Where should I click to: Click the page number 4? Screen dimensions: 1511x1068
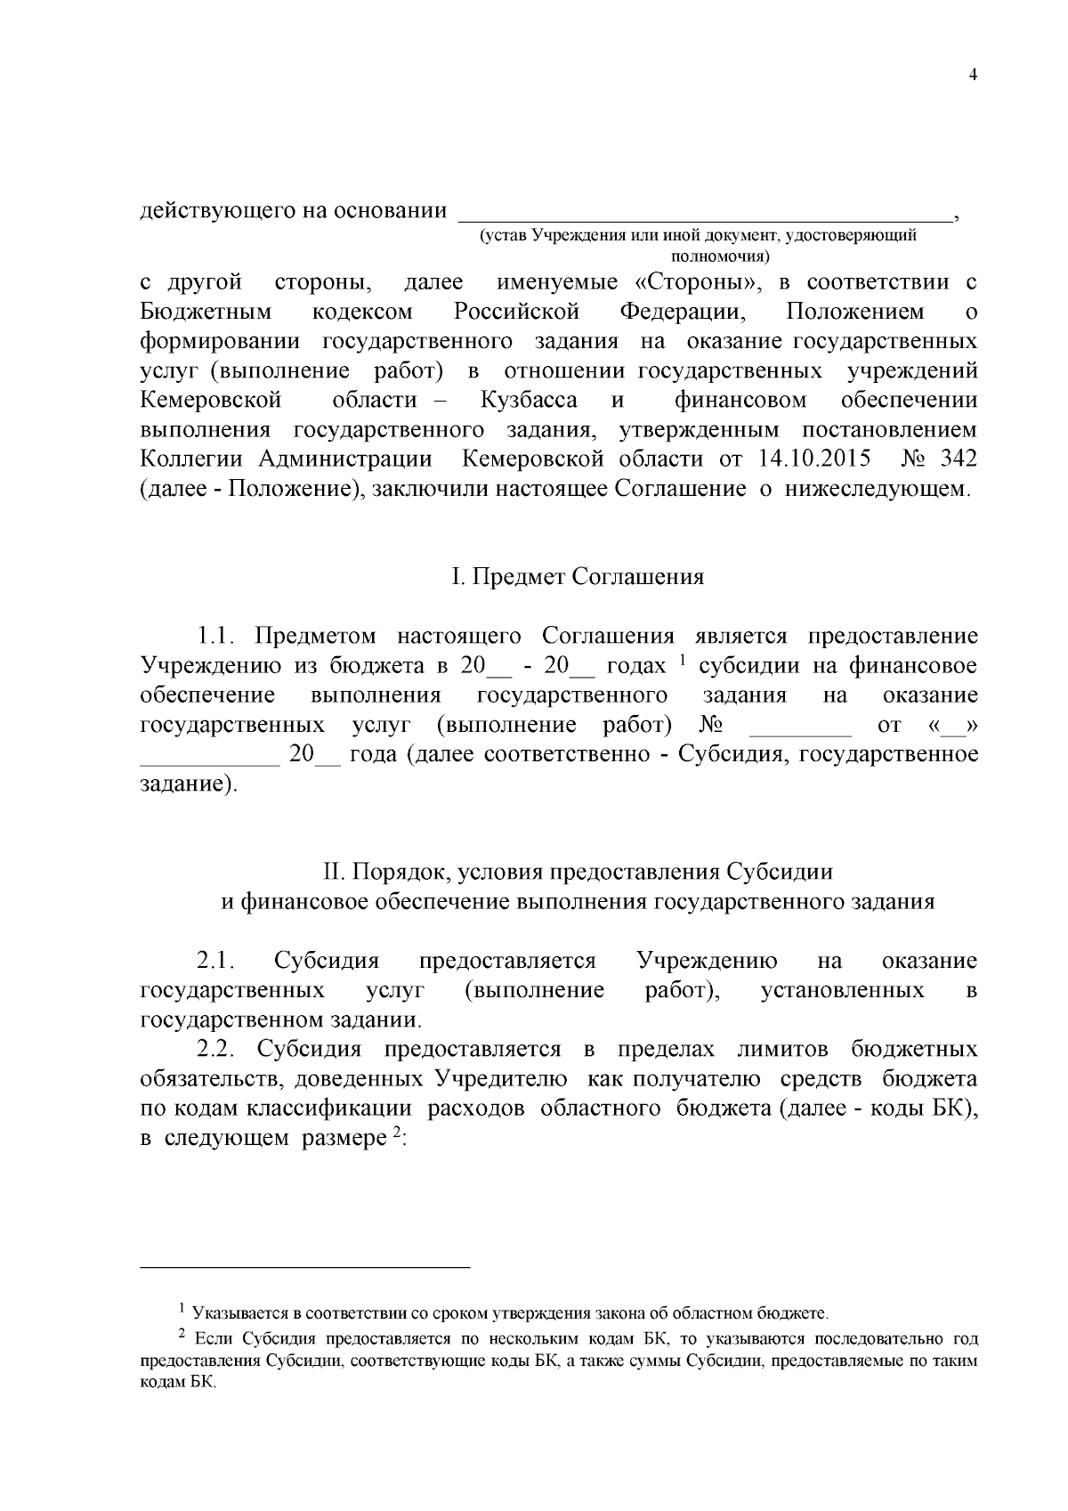(973, 76)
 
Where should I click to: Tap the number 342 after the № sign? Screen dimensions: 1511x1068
(958, 459)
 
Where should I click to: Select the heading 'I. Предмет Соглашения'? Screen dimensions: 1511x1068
(578, 577)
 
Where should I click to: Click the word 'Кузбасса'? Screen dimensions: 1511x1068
(529, 400)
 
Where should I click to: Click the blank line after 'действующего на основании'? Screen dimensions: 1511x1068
(703, 214)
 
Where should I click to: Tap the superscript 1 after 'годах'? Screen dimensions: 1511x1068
(681, 660)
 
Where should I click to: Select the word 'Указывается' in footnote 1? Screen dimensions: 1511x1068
(235, 1313)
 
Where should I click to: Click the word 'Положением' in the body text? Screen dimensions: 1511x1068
(855, 313)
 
